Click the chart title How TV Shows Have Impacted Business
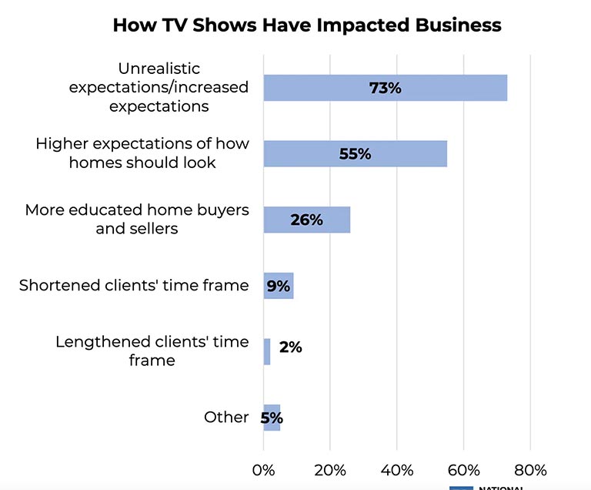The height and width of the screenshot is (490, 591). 306,25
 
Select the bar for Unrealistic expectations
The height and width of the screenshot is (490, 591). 323,88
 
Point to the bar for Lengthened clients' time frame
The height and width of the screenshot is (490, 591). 267,351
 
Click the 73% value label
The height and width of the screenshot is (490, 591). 386,88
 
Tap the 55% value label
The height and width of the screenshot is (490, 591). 355,154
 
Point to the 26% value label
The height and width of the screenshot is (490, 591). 306,220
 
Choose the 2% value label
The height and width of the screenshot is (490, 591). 290,347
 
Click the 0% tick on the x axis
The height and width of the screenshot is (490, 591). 263,469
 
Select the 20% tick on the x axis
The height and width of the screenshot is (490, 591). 330,469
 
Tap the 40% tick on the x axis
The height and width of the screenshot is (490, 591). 396,469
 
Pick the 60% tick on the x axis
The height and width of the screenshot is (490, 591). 463,469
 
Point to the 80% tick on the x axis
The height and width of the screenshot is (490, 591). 529,469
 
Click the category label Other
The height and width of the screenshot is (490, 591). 226,417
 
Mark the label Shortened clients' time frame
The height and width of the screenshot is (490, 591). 134,285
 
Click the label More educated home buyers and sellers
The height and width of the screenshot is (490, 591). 137,219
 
